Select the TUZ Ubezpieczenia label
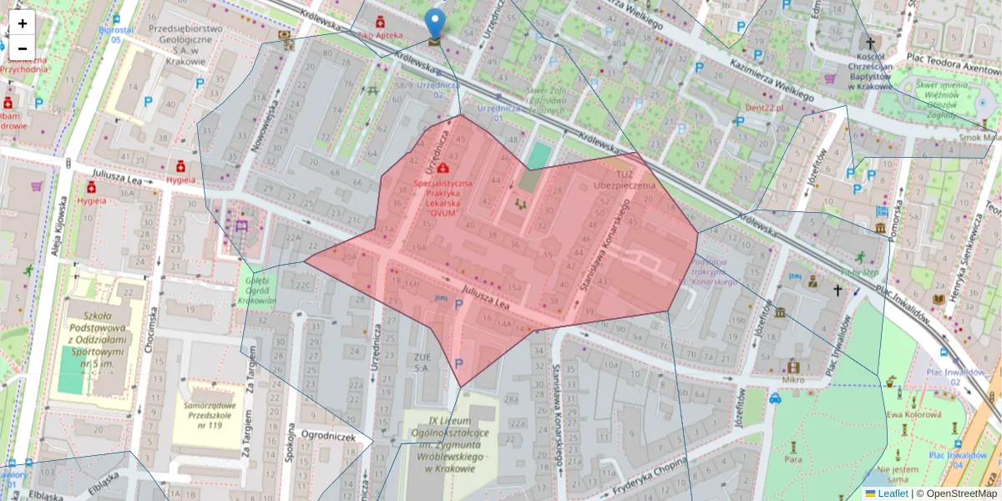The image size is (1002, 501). pos(625,180)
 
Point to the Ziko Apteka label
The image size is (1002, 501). pos(380,37)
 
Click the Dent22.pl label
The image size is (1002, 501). pos(766,108)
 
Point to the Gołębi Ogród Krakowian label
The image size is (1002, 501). pos(256,291)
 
